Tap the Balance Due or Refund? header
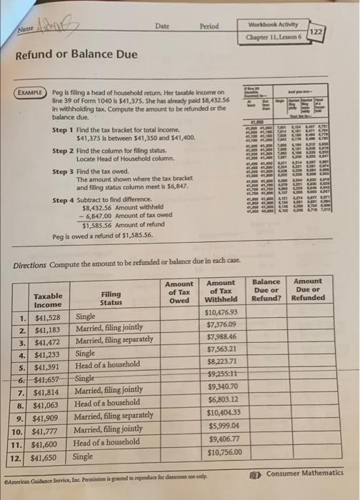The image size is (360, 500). click(266, 290)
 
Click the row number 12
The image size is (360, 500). click(23, 455)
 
